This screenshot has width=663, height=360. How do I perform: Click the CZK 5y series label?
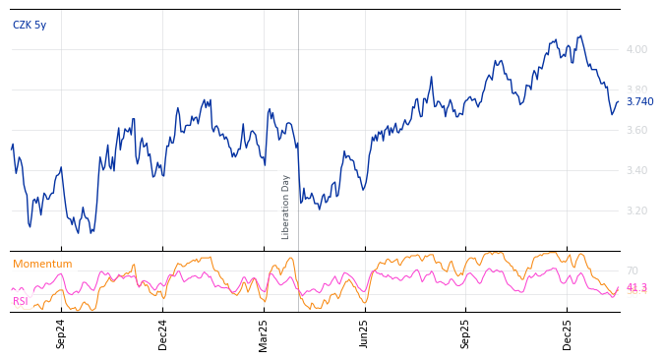point(30,26)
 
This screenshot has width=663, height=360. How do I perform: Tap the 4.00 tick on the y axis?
point(636,49)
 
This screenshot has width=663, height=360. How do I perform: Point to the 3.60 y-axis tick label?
point(636,130)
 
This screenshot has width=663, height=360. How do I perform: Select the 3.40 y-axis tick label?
point(636,170)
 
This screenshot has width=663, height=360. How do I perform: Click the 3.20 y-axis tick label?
point(636,210)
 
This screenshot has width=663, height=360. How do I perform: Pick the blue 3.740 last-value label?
point(639,101)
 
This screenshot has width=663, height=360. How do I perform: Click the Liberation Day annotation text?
point(286,207)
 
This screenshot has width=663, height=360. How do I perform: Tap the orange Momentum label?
point(42,265)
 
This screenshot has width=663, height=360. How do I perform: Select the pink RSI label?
point(21,302)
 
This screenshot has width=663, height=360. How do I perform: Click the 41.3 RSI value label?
point(636,288)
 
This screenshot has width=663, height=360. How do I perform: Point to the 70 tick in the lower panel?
point(632,270)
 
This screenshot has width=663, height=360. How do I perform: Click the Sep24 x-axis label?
point(61,333)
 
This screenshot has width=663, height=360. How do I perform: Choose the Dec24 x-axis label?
point(163,333)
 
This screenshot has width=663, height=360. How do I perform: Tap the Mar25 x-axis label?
point(264,333)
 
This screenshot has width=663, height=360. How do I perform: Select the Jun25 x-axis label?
point(365,333)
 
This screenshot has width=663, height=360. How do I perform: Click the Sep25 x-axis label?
point(465,333)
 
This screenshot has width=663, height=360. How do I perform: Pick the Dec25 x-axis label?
point(567,333)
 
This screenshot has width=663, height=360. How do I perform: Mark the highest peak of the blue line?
point(580,36)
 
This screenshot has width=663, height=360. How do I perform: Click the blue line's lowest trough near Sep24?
point(90,233)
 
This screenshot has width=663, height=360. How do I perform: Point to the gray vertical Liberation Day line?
point(298,148)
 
